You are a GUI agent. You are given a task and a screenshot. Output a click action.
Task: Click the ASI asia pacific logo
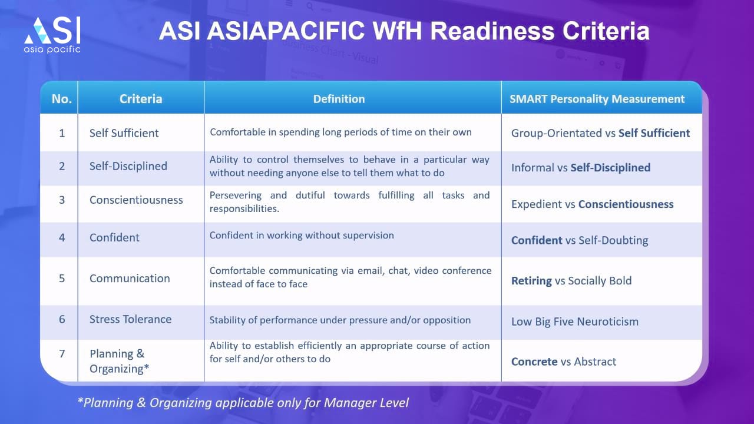(x=52, y=35)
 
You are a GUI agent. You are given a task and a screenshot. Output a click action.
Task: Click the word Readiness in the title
(x=492, y=31)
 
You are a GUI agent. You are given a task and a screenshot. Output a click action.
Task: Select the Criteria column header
(x=141, y=99)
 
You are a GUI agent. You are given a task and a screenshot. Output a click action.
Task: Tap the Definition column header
(x=339, y=99)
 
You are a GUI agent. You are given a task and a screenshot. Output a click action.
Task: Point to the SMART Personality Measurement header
(x=597, y=99)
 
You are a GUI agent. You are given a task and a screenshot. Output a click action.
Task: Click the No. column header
(x=62, y=99)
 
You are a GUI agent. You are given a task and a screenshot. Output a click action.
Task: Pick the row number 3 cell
(x=62, y=200)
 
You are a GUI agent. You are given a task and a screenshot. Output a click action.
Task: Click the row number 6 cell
(x=62, y=319)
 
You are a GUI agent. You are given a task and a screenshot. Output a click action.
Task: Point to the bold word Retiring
(x=531, y=281)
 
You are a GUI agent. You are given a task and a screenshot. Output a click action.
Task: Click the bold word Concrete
(x=534, y=362)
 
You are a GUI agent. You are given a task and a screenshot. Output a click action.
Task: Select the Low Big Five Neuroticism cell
(x=575, y=322)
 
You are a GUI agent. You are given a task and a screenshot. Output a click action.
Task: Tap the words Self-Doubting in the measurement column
(x=613, y=240)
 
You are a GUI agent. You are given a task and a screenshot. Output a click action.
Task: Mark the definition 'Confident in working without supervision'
(x=302, y=235)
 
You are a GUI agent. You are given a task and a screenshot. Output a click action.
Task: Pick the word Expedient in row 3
(x=537, y=204)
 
